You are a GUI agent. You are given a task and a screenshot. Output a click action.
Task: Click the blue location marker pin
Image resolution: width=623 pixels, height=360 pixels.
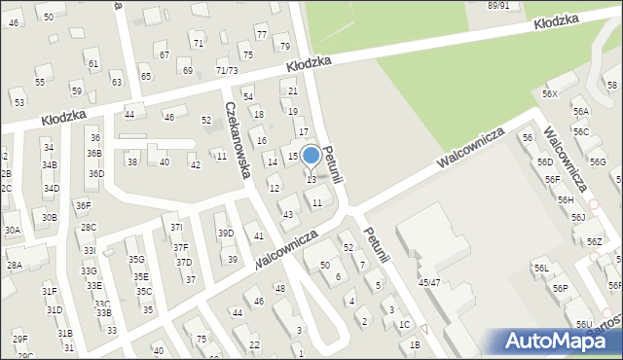(311, 156)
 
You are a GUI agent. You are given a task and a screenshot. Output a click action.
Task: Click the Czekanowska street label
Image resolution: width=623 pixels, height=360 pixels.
(238, 140)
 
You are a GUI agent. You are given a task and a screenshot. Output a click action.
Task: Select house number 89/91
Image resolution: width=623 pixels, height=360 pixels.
(498, 6)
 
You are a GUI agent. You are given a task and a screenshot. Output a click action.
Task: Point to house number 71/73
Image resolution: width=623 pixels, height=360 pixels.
(227, 71)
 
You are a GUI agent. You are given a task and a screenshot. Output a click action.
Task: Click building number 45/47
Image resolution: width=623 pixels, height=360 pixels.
(429, 282)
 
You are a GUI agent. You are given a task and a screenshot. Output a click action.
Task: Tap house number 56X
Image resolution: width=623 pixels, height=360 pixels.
(550, 93)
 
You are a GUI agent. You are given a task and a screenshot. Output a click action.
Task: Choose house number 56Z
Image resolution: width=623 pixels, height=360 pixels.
(593, 241)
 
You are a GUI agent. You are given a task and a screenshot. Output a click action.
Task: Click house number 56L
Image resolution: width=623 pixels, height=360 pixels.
(540, 268)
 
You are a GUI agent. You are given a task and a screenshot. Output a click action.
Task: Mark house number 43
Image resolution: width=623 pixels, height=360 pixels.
(287, 214)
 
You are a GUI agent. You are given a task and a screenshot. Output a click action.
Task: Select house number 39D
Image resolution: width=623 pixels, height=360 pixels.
(225, 234)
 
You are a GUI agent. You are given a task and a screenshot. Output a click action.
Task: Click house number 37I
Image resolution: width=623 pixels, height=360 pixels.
(176, 228)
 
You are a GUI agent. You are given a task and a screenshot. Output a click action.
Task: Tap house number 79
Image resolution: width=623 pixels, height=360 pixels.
(284, 47)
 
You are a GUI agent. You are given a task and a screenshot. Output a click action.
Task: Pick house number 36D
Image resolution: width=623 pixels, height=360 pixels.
(95, 174)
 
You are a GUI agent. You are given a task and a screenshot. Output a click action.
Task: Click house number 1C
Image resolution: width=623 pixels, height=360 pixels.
(404, 324)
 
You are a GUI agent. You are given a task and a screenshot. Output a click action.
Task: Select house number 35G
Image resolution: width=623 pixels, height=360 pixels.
(136, 260)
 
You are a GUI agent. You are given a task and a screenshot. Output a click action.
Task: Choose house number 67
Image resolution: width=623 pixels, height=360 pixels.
(164, 55)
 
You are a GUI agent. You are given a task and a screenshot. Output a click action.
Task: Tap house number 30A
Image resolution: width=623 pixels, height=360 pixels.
(12, 231)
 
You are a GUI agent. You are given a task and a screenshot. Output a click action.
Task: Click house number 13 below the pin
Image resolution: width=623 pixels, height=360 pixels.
(311, 180)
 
